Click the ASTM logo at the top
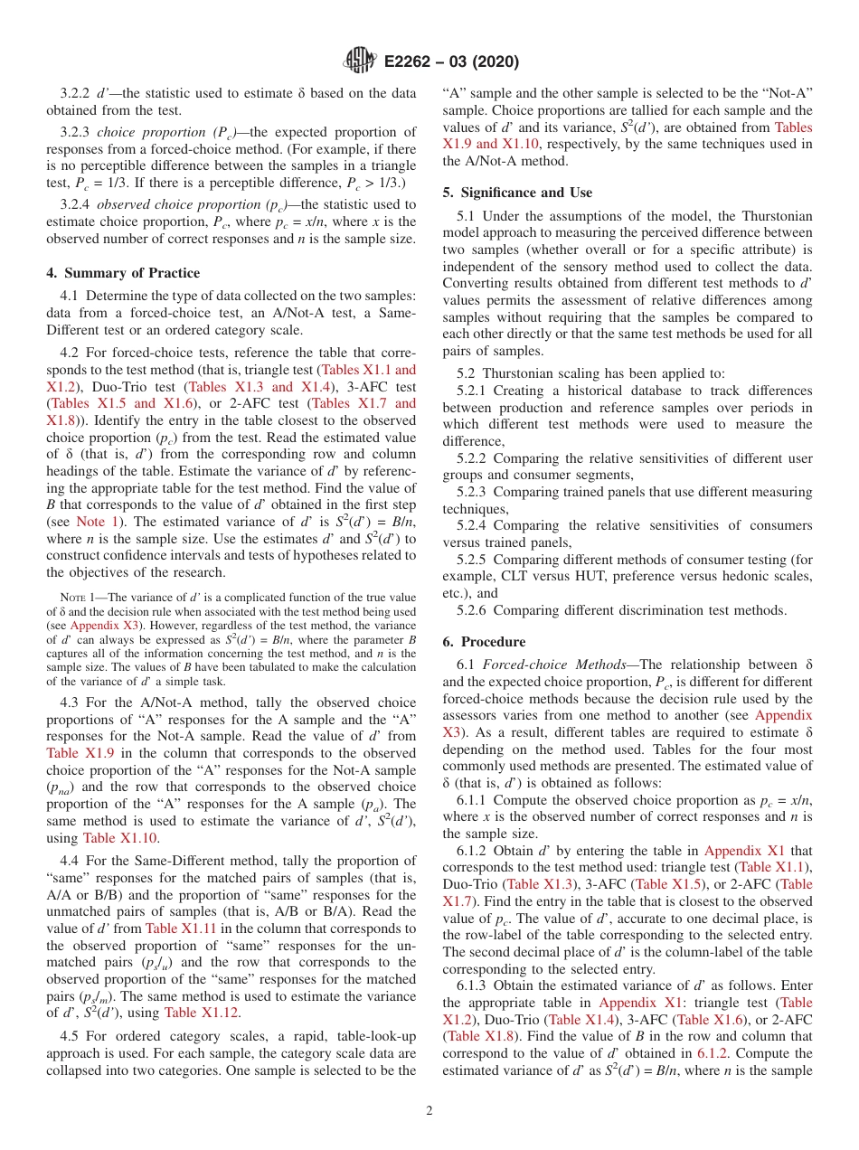pos(359,61)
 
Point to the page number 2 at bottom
pos(429,1110)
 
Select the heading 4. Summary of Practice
pos(123,273)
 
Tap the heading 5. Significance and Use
pos(517,193)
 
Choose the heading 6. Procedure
pos(484,642)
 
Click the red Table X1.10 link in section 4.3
pos(120,838)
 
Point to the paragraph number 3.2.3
pos(78,132)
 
